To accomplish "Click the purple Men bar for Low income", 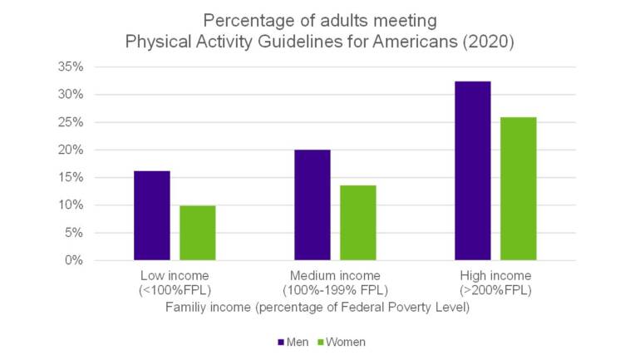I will (151, 215).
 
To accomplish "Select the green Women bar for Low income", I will (198, 233).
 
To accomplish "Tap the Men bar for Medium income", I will (312, 205).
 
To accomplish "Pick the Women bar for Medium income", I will (358, 222).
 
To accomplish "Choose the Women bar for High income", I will (519, 189).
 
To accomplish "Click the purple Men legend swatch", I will (280, 342).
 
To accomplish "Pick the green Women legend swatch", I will (321, 342).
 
